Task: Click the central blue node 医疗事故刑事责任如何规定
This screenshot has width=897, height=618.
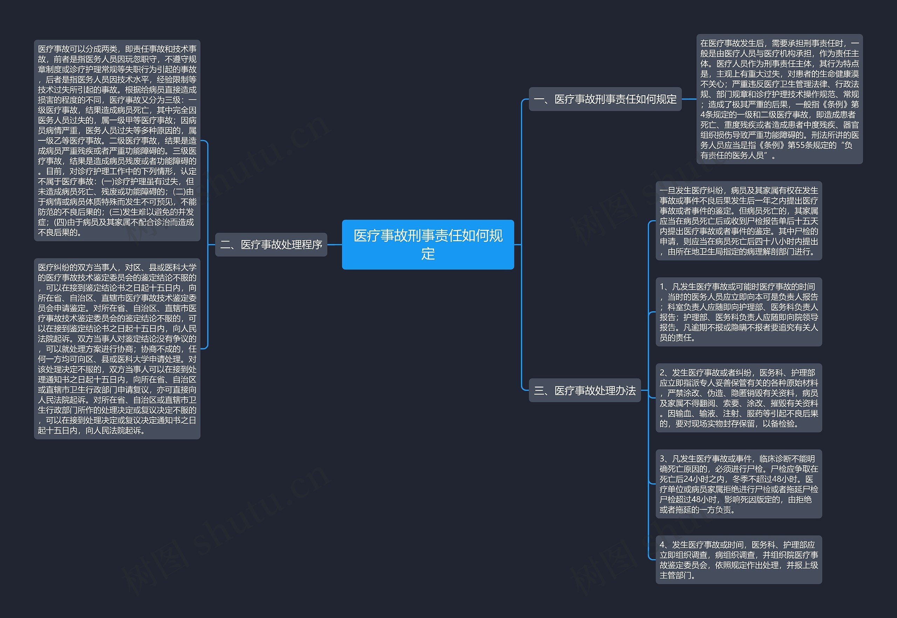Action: click(428, 244)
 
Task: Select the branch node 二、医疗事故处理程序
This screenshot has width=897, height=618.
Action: click(271, 245)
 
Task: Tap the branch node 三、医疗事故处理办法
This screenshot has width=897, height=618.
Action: click(584, 390)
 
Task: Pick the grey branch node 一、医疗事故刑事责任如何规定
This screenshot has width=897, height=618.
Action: click(605, 99)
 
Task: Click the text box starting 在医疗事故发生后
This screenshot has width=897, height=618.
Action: click(779, 99)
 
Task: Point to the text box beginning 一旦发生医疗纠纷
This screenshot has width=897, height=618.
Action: click(739, 221)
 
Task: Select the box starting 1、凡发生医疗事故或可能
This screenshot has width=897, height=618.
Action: click(739, 312)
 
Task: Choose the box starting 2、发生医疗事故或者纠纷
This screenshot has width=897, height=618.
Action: click(739, 398)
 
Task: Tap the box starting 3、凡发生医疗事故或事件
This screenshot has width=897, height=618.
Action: click(739, 484)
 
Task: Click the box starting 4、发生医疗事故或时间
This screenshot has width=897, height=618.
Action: click(739, 560)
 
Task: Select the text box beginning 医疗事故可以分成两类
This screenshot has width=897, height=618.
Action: click(117, 140)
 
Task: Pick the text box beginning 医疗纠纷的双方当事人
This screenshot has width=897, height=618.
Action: click(117, 348)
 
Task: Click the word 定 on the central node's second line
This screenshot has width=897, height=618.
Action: click(428, 254)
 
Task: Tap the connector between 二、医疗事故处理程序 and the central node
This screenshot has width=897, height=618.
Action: click(334, 245)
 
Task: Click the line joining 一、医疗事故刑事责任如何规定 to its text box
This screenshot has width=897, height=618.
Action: click(689, 99)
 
